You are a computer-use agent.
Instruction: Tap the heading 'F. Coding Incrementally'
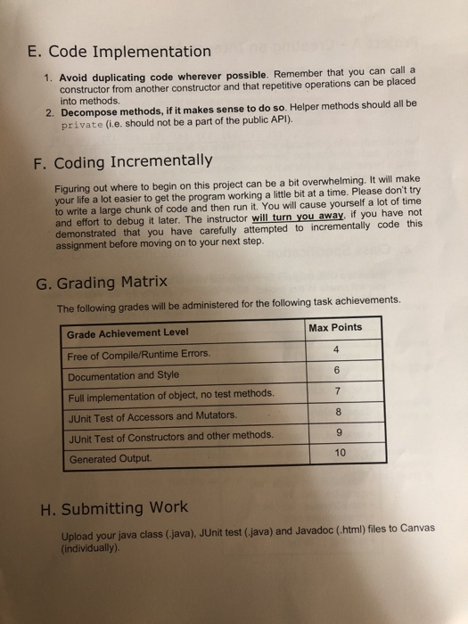pyautogui.click(x=133, y=161)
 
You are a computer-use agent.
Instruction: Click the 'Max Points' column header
pyautogui.click(x=336, y=327)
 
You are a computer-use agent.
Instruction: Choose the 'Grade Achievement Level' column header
pyautogui.click(x=127, y=333)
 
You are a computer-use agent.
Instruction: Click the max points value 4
pyautogui.click(x=335, y=349)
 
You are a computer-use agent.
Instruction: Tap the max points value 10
pyautogui.click(x=336, y=454)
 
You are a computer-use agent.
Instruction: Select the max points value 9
pyautogui.click(x=336, y=433)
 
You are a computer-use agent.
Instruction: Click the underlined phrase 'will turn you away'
pyautogui.click(x=298, y=216)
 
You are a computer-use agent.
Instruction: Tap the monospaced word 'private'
pyautogui.click(x=83, y=127)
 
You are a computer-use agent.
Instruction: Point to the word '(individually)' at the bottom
pyautogui.click(x=91, y=540)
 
